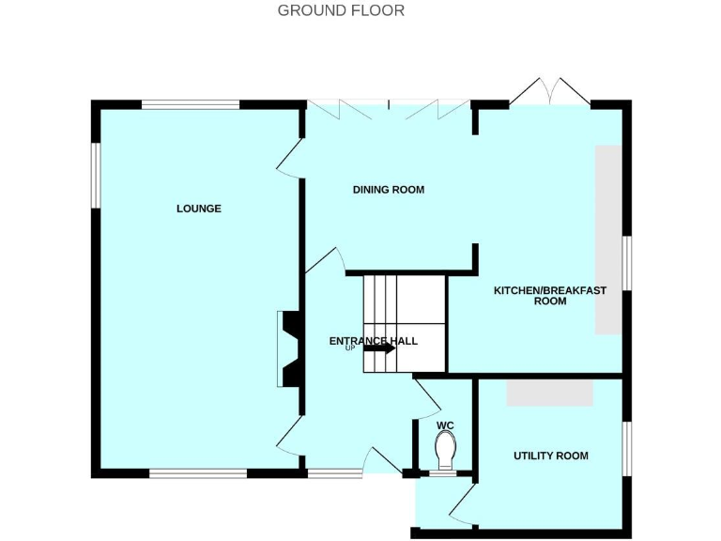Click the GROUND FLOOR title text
[x=341, y=11]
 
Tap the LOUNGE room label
[x=199, y=209]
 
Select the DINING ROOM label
[x=389, y=190]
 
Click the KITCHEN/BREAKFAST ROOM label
[x=550, y=296]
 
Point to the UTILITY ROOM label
[x=550, y=456]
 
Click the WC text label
[x=445, y=425]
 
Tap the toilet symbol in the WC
[x=445, y=448]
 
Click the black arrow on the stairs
[x=379, y=348]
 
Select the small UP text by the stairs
[x=350, y=348]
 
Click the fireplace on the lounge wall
[x=286, y=349]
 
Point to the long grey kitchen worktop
[x=608, y=239]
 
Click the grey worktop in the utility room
[x=550, y=393]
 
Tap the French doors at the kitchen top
[x=550, y=92]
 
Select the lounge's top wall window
[x=191, y=104]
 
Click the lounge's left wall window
[x=95, y=175]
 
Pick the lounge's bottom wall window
[x=198, y=473]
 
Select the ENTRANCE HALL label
[x=374, y=341]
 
